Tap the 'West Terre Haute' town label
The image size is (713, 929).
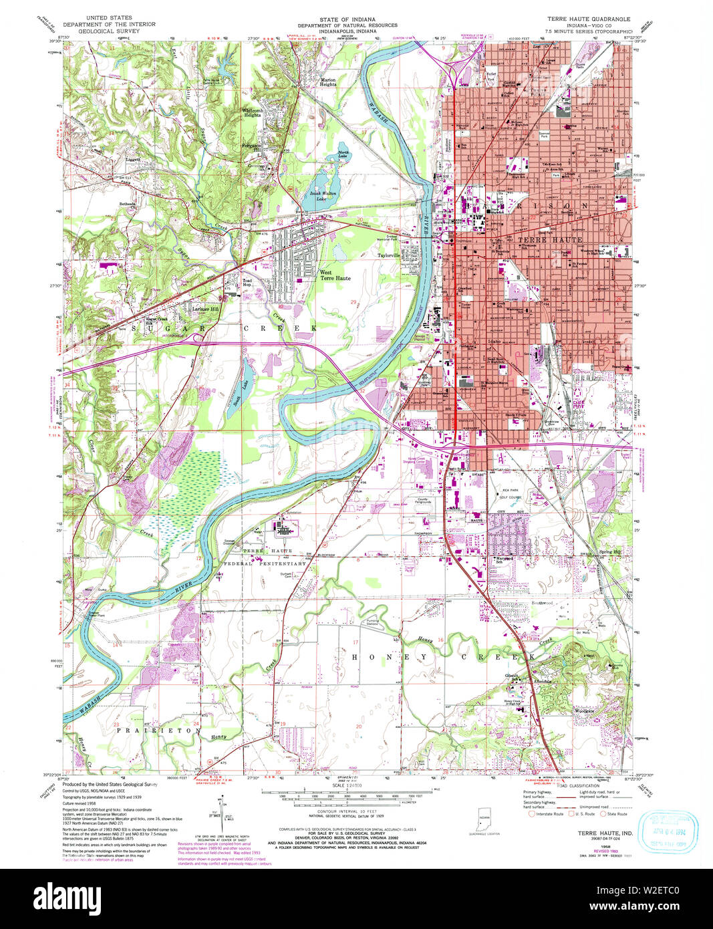334,275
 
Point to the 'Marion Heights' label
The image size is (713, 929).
327,82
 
